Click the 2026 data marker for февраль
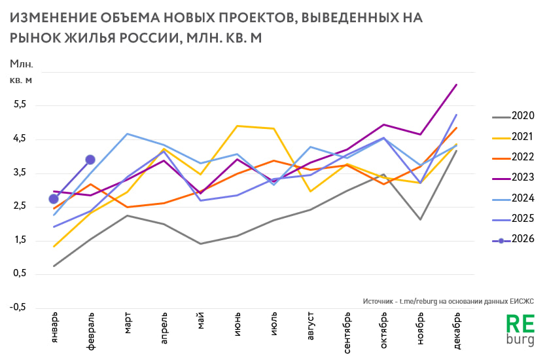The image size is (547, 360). coord(90,160)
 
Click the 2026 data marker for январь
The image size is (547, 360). coord(54,199)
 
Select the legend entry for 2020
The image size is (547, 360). coord(514,117)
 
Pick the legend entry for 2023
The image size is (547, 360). coord(514,177)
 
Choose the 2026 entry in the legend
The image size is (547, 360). coord(514,239)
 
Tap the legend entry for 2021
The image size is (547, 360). coord(514,137)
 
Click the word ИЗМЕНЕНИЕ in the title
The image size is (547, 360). coord(52,18)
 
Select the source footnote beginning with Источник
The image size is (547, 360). coord(447,301)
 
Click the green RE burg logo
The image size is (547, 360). coord(521,331)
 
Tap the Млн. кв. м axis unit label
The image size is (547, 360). coord(21,72)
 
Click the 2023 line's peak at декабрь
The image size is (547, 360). coord(456,84)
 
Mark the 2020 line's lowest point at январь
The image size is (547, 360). coord(54,266)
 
